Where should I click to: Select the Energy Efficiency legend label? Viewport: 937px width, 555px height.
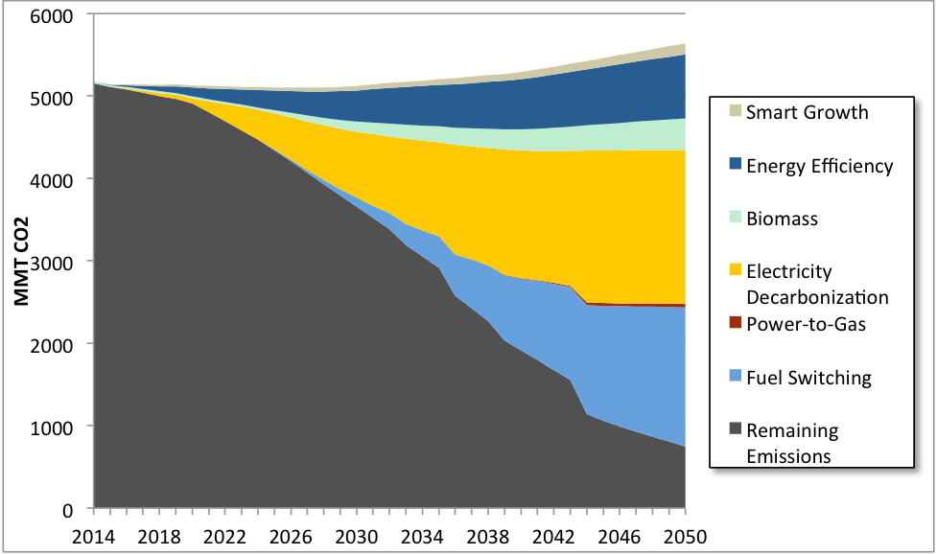click(819, 166)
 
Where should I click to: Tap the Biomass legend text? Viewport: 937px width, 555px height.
click(782, 219)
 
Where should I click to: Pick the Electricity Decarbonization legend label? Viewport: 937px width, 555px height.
click(817, 285)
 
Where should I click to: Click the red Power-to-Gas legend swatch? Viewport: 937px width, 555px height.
click(736, 324)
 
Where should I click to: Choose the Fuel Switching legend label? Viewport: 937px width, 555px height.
click(808, 377)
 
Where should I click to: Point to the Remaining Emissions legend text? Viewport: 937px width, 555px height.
click(792, 443)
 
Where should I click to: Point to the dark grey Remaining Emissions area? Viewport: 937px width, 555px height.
click(240, 364)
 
